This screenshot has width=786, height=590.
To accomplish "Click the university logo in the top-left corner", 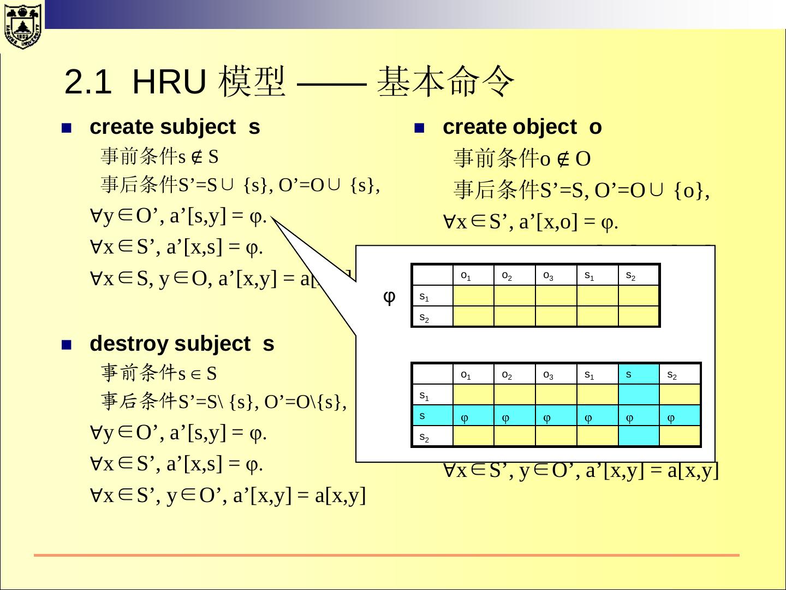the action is pos(22,25).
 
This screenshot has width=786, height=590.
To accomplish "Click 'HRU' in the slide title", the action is pos(169,82).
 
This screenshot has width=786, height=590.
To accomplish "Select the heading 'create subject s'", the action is pos(175,127).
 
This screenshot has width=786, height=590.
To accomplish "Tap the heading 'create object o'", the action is pos(522,127).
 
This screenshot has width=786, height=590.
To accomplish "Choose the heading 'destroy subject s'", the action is pos(182,344).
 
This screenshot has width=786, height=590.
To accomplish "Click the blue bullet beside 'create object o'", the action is pos(419,129).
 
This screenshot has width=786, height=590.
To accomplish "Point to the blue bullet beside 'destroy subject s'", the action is pos(67,345).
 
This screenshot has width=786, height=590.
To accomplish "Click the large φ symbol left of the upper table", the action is pos(389,297).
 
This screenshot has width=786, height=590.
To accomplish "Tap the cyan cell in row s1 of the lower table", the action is pos(639,395).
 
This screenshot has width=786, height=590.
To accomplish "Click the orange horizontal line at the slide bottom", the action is pos(386,555).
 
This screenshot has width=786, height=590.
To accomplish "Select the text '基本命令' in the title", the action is pos(445,82).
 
